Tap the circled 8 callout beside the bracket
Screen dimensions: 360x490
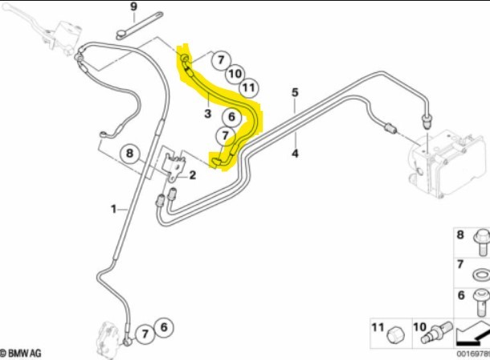point(130,155)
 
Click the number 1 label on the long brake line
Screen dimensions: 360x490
point(113,209)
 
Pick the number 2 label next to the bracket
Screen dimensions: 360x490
point(193,175)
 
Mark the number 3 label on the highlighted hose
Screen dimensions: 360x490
point(207,114)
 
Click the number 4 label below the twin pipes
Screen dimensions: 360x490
point(295,152)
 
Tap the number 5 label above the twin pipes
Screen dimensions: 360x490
point(295,92)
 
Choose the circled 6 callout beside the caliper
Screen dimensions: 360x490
point(163,327)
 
